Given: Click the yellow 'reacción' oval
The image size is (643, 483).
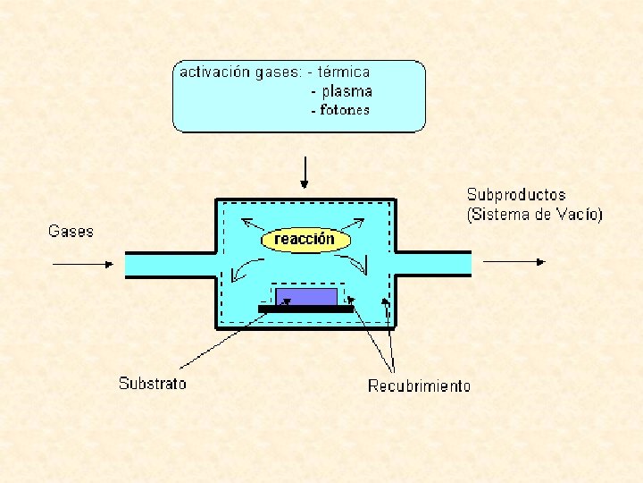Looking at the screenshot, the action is (305, 240).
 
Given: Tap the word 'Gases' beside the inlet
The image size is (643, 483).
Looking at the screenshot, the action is (71, 231).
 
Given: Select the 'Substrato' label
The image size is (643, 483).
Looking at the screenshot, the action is (153, 384).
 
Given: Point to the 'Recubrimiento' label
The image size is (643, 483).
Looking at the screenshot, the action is (419, 386).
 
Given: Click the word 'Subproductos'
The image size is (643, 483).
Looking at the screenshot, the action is (516, 195).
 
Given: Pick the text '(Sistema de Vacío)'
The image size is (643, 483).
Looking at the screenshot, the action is (534, 215).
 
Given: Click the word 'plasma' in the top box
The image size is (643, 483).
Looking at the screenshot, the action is (347, 91).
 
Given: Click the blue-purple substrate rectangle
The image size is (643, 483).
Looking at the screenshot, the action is (306, 296).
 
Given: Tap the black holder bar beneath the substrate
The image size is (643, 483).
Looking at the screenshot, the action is (305, 309).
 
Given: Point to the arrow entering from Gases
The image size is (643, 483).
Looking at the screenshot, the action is (84, 264).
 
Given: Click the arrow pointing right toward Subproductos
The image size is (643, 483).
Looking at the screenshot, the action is (514, 261).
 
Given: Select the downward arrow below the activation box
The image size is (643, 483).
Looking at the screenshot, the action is (305, 171).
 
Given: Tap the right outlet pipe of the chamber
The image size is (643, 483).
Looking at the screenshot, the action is (433, 264).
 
